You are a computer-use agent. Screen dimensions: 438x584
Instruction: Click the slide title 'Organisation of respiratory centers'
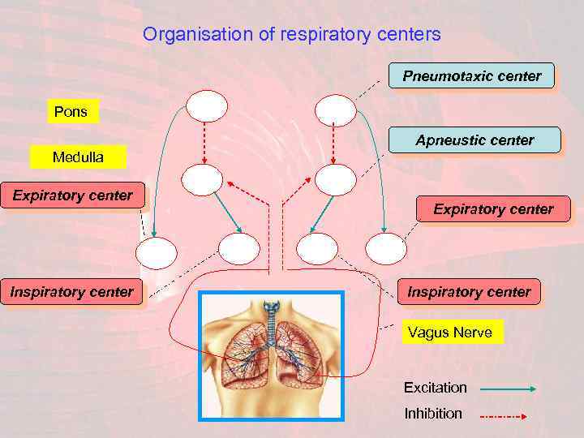(x=291, y=35)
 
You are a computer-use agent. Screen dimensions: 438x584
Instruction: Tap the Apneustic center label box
(x=474, y=140)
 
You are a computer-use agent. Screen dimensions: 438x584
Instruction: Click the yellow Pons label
(x=71, y=112)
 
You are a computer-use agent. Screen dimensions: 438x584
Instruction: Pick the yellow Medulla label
(x=78, y=157)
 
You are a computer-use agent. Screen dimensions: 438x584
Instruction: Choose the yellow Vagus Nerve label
(x=449, y=333)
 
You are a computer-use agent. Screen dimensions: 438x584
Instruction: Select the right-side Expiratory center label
(x=493, y=209)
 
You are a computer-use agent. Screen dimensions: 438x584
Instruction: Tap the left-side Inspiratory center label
(x=71, y=292)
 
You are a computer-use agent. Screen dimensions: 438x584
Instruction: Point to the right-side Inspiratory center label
(x=469, y=292)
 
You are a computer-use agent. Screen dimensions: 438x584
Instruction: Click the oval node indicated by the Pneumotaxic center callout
(x=335, y=110)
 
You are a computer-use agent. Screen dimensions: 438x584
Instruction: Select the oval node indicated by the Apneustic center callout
(x=335, y=179)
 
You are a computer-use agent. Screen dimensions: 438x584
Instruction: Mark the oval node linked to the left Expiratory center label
(x=156, y=251)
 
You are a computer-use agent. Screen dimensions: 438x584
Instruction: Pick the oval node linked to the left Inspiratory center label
(x=240, y=249)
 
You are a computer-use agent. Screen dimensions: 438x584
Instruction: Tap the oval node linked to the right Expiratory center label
(x=386, y=249)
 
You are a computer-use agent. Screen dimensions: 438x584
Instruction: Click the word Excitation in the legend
(x=436, y=388)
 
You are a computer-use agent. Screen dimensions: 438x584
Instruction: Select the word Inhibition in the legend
(x=433, y=414)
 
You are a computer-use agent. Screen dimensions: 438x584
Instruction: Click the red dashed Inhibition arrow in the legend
(x=504, y=416)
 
